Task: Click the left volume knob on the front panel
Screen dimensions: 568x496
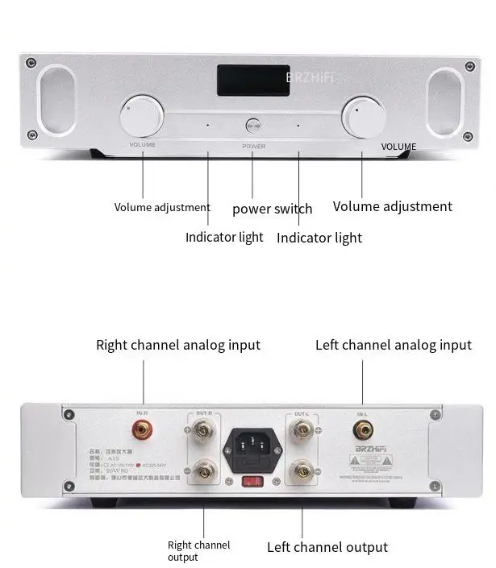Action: pos(142,117)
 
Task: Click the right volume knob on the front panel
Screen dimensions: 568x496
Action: pos(363,118)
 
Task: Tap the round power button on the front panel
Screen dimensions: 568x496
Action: pos(253,125)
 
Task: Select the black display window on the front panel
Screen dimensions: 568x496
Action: pos(252,81)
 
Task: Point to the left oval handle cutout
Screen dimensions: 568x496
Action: pos(56,100)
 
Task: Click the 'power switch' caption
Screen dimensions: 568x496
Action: pos(272,209)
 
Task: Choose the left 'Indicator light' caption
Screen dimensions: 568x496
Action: pos(224,237)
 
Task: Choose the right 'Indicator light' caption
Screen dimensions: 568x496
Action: pos(319,238)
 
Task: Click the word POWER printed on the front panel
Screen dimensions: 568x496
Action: pos(253,147)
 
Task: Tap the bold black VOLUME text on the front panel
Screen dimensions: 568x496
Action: pos(398,147)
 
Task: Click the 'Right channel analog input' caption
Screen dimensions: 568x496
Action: pos(178,345)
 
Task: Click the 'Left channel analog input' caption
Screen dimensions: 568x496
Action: pos(394,345)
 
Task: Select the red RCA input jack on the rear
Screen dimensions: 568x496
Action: pos(144,431)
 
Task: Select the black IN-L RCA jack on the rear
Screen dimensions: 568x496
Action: pos(362,430)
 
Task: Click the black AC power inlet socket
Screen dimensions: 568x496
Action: pos(253,445)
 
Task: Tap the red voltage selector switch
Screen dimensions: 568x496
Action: pos(253,482)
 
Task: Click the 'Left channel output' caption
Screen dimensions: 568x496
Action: pos(327,548)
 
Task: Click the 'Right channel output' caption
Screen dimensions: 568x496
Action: pos(198,551)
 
